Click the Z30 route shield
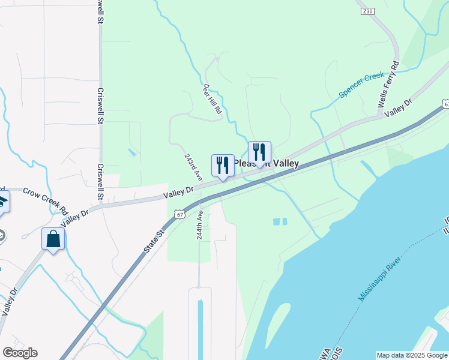pyautogui.click(x=367, y=11)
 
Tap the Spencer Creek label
pyautogui.click(x=361, y=85)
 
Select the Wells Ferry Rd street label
pyautogui.click(x=388, y=84)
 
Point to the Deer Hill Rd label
pyautogui.click(x=212, y=98)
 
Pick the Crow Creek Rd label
pyautogui.click(x=44, y=200)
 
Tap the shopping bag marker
pyautogui.click(x=53, y=239)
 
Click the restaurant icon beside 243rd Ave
pyautogui.click(x=223, y=165)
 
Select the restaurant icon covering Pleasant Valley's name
pyautogui.click(x=259, y=152)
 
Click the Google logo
pyautogui.click(x=19, y=353)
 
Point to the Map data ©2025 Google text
pyautogui.click(x=412, y=355)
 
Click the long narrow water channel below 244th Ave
pyautogui.click(x=200, y=327)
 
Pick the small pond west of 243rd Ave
pyautogui.click(x=131, y=152)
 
